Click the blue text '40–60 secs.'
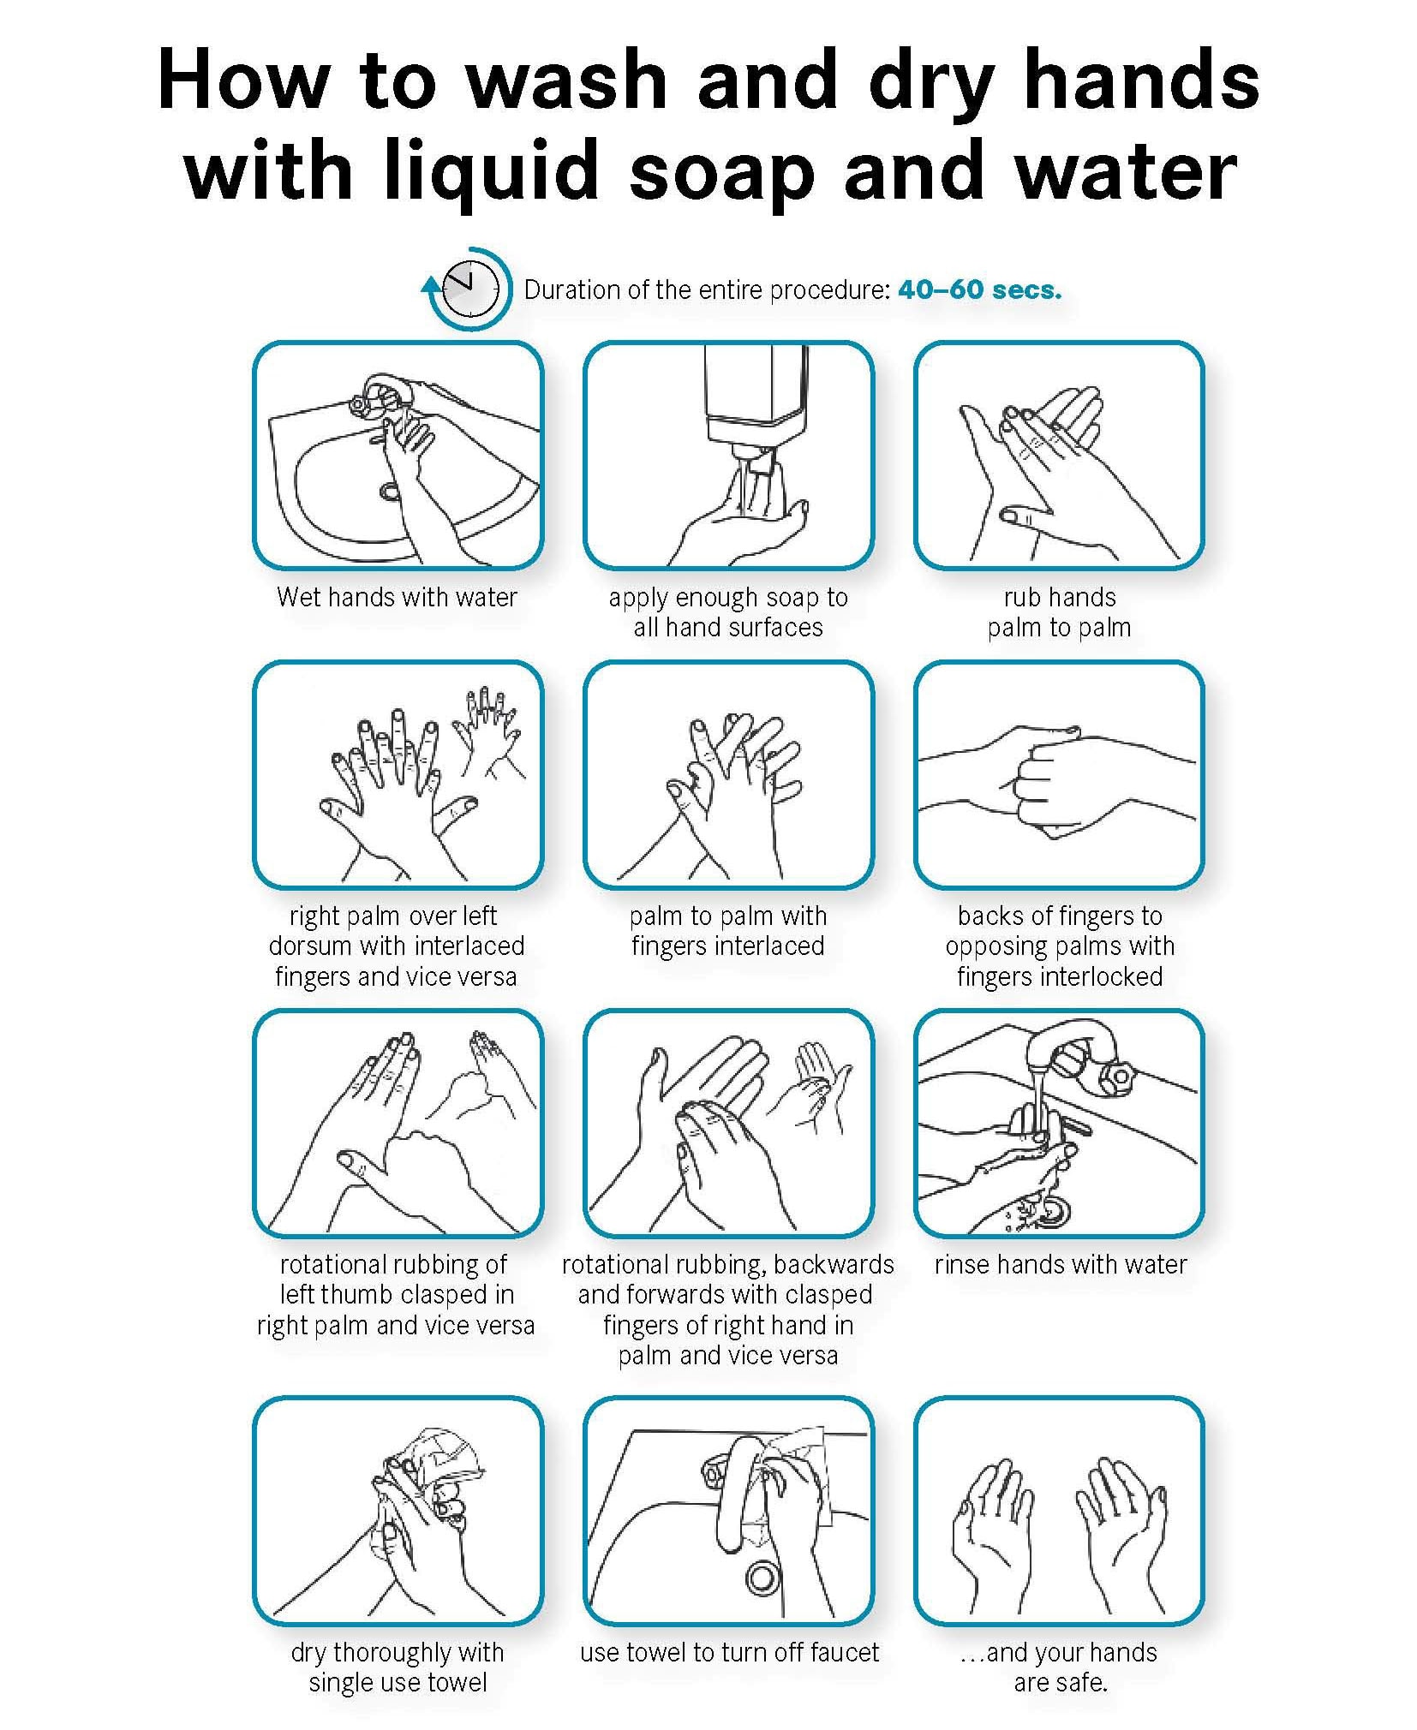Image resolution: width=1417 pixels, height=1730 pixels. coord(979,289)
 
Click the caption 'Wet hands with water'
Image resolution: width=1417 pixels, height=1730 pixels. coord(397,597)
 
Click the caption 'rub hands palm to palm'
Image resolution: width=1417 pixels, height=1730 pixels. coord(1059,612)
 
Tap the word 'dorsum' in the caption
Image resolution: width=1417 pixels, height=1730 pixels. coord(311,946)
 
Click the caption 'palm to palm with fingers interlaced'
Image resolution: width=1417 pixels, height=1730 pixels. coord(728,930)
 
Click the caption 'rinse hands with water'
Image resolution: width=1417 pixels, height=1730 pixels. coord(1061,1264)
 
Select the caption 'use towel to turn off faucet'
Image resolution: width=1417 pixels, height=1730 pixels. coord(729,1652)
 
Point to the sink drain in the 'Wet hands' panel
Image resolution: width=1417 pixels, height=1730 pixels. coord(391,492)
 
